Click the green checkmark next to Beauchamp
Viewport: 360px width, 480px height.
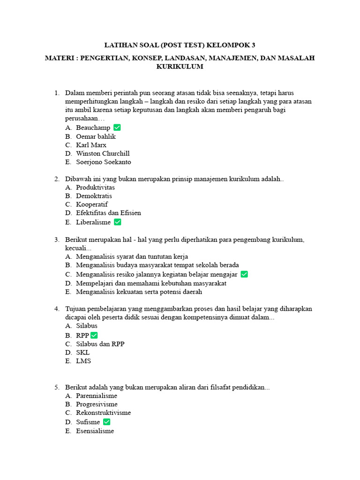[x=117, y=127]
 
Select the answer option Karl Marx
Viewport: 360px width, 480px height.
[x=91, y=145]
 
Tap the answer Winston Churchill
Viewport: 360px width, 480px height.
[x=103, y=153]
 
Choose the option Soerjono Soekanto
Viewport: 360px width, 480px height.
[x=104, y=162]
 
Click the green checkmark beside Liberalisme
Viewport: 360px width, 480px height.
[x=118, y=222]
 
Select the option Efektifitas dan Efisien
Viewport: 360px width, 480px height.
[x=108, y=213]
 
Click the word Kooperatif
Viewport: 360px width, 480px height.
[x=92, y=204]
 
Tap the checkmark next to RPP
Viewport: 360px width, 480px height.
[x=94, y=335]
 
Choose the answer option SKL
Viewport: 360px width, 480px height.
[x=83, y=352]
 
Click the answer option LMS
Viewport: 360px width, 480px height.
[x=83, y=361]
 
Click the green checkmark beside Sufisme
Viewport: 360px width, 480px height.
[x=106, y=422]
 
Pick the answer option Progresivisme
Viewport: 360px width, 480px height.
[x=97, y=404]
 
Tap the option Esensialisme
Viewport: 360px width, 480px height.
[x=95, y=431]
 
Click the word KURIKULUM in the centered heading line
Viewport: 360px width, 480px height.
[x=180, y=67]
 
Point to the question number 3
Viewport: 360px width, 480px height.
[x=56, y=240]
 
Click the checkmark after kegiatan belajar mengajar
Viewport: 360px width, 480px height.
[x=244, y=274]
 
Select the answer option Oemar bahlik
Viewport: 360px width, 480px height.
[x=96, y=136]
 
